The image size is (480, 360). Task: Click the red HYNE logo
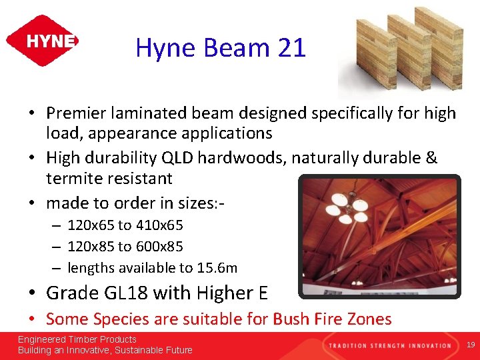[42, 41]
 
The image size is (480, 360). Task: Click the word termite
[73, 179]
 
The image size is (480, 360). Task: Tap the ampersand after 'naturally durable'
[431, 159]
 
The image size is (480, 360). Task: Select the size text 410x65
[159, 225]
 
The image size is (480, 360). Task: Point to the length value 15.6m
[217, 268]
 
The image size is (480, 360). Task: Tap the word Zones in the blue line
[370, 319]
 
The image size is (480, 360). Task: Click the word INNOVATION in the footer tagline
[428, 345]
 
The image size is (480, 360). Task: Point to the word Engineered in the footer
[43, 340]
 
